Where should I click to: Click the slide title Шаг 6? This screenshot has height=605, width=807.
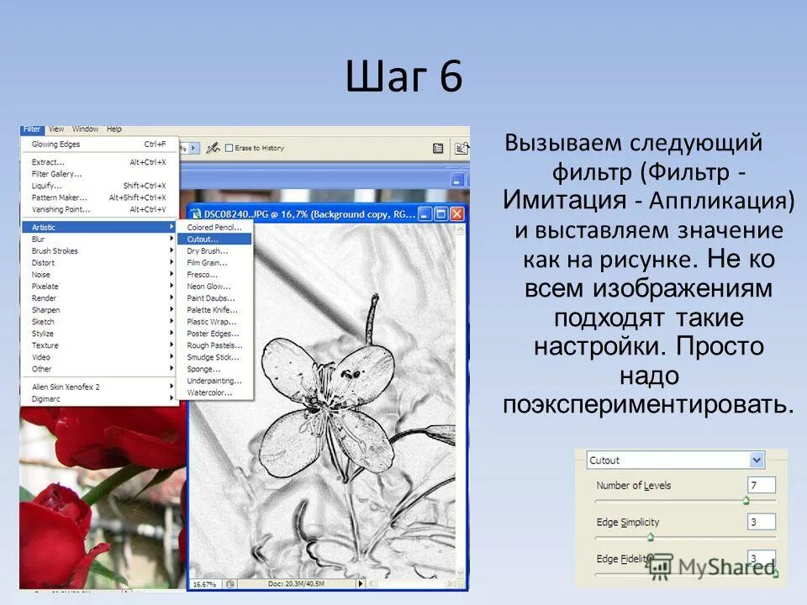pos(403,78)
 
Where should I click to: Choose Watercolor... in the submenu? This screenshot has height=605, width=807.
pos(209,392)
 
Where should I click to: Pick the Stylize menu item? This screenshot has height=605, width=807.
pos(45,334)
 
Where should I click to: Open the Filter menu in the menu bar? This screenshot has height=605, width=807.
pos(32,129)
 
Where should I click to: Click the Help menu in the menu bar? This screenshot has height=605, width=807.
pos(114,129)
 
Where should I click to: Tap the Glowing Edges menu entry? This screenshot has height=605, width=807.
pos(56,145)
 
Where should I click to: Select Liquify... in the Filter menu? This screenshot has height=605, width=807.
pos(47,186)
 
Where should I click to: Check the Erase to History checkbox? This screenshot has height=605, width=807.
pos(229,148)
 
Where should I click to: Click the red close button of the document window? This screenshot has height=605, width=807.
pos(456,214)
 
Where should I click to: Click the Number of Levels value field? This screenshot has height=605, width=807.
pos(761,485)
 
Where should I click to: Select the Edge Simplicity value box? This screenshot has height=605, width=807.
pos(761,522)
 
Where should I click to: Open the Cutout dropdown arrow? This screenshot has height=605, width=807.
pos(757,460)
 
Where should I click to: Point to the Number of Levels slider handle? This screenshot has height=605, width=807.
pos(746,500)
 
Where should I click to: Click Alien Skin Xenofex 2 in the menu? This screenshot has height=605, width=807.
pos(66,387)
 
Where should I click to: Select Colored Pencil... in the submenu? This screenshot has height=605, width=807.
pos(214,227)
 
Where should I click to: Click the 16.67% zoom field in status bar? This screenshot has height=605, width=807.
pos(204,583)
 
